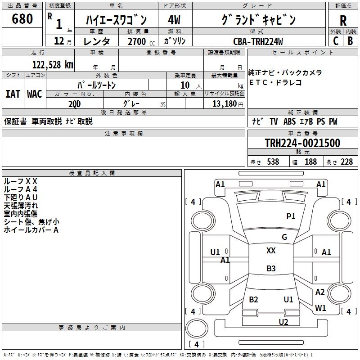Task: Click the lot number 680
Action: (22, 19)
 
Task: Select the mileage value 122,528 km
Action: (53, 64)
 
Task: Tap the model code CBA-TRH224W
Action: (258, 41)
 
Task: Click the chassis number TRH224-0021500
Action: (302, 143)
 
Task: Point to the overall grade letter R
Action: (343, 20)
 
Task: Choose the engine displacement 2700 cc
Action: (137, 41)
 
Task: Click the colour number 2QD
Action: (75, 103)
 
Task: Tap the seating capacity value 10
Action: (185, 85)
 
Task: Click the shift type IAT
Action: (13, 94)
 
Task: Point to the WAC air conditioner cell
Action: (35, 94)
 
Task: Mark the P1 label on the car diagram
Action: (291, 216)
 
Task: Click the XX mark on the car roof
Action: (271, 251)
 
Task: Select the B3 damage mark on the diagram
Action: (271, 269)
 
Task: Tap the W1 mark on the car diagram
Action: (320, 308)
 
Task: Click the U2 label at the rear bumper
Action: (283, 322)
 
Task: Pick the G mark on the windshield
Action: (284, 237)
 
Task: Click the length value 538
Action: (273, 162)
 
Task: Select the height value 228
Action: (346, 162)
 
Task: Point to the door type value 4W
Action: (174, 20)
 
